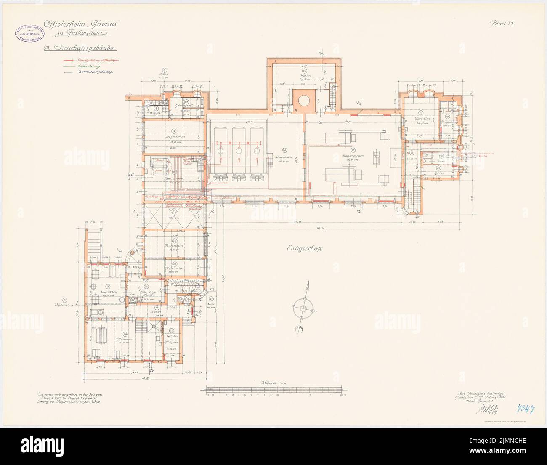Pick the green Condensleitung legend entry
(90, 66)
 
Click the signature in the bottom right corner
(484, 407)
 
